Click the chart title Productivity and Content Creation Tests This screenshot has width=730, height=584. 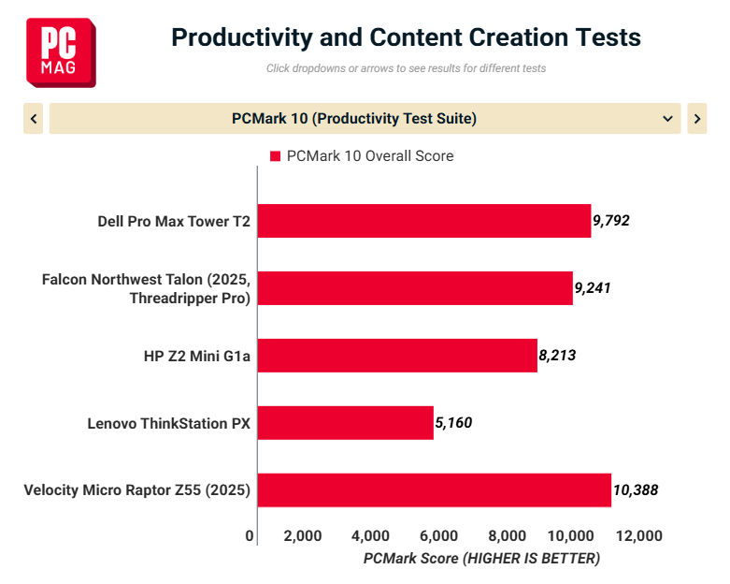(x=406, y=37)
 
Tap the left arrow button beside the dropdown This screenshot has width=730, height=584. (x=34, y=119)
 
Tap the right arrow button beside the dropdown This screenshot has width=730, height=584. (x=696, y=119)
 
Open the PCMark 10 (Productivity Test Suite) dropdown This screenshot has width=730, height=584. (x=365, y=119)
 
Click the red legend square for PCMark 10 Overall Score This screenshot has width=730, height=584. (x=275, y=156)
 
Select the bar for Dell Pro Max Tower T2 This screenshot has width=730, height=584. (x=423, y=221)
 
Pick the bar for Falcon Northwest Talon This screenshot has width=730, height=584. (x=414, y=288)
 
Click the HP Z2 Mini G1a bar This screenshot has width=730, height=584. (x=396, y=356)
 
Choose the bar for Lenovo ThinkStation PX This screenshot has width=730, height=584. (x=345, y=423)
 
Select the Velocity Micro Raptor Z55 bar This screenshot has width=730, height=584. (x=434, y=490)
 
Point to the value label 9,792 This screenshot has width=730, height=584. (x=611, y=221)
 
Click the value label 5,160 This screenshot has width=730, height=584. (x=453, y=423)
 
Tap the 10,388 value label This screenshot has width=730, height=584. (x=636, y=490)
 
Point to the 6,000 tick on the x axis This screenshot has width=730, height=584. (x=438, y=536)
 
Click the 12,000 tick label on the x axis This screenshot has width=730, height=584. (x=638, y=536)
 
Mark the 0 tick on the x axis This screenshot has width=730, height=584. (x=250, y=536)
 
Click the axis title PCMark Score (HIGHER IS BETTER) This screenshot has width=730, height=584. (x=481, y=559)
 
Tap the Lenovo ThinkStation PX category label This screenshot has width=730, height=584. (x=169, y=423)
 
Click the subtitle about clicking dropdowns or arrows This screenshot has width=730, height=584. (x=406, y=68)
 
